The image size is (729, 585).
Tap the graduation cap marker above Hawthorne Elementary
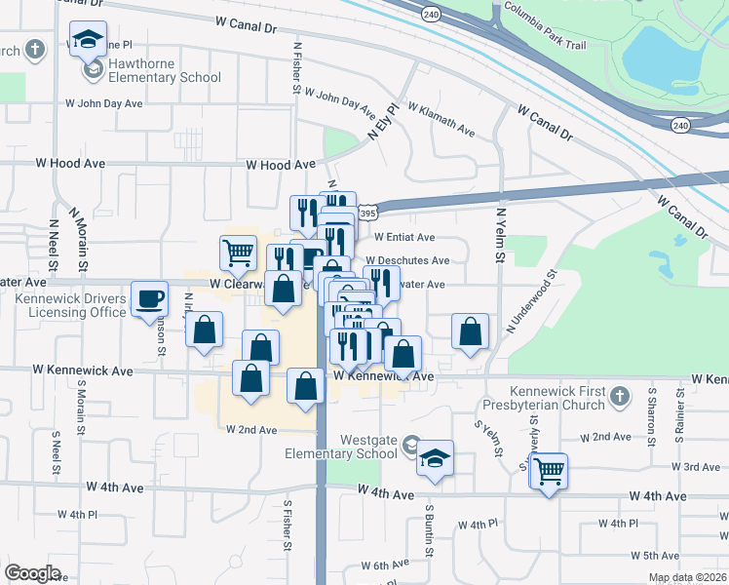[x=88, y=40]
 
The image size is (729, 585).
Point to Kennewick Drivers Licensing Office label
[x=70, y=305]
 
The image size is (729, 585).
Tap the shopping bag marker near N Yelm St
[x=471, y=331]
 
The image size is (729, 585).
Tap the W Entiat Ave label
[x=405, y=237]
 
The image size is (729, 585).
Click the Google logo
[x=32, y=572]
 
